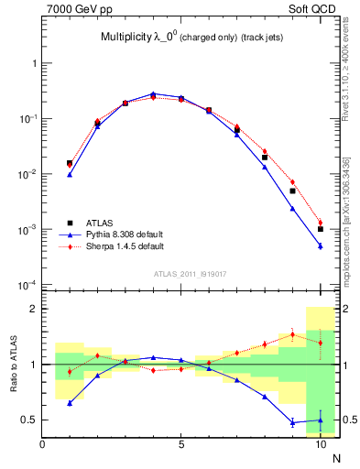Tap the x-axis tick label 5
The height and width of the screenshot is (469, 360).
coord(181,445)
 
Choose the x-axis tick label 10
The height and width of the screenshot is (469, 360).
coord(320,445)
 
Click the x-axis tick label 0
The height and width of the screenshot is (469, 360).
coord(42,445)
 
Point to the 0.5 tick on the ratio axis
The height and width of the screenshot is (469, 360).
coord(29,420)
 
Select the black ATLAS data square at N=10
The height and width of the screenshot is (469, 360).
coord(321,229)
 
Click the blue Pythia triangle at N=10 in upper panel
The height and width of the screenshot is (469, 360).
coord(321,245)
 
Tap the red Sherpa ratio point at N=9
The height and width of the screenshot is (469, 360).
coord(292,334)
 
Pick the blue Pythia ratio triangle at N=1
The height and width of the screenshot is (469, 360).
coord(70,403)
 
